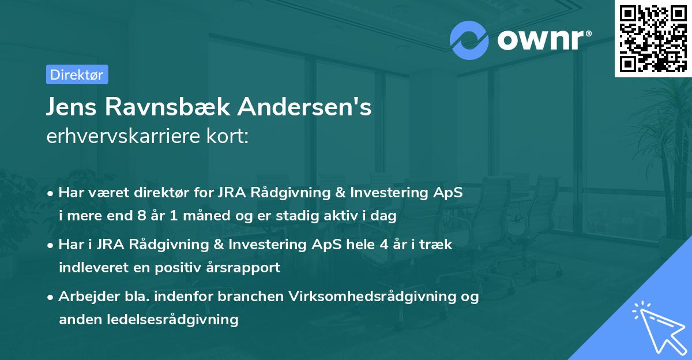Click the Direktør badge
(77, 74)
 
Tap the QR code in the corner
(653, 38)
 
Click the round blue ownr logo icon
(469, 40)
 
